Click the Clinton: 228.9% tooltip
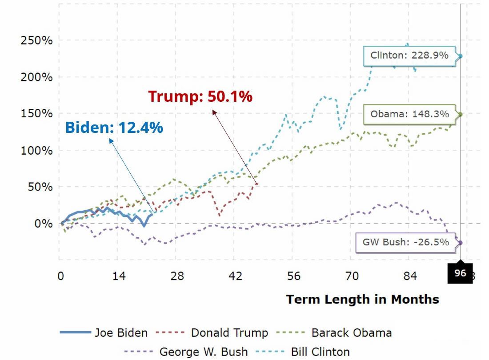click(x=409, y=56)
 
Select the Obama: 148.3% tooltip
click(x=409, y=114)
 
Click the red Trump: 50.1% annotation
click(x=200, y=96)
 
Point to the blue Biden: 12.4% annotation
click(x=114, y=128)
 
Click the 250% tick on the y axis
click(x=36, y=40)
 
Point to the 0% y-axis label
click(x=44, y=223)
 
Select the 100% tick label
click(x=36, y=150)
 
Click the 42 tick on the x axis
click(x=235, y=276)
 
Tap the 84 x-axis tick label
click(x=410, y=276)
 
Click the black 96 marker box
click(x=460, y=273)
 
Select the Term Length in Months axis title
click(x=362, y=299)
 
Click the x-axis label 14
click(x=119, y=276)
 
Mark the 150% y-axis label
click(x=36, y=114)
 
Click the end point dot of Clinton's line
click(x=461, y=56)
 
